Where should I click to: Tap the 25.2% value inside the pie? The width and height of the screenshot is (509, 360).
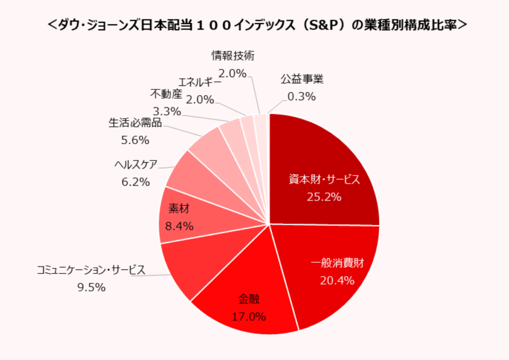click(324, 197)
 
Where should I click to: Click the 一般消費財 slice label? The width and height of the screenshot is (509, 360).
click(338, 264)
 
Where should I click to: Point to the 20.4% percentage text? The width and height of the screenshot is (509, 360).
click(338, 281)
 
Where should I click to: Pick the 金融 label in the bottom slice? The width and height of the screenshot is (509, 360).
click(249, 299)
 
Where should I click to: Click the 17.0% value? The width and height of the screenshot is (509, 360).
click(249, 316)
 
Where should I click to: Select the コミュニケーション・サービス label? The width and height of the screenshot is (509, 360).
click(91, 270)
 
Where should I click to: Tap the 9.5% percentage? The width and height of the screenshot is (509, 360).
click(91, 287)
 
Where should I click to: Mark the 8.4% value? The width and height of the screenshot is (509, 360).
click(178, 226)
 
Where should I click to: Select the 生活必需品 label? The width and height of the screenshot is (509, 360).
click(135, 123)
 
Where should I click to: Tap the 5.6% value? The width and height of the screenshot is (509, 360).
click(135, 140)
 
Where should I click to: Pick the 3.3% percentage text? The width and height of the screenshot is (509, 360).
click(167, 111)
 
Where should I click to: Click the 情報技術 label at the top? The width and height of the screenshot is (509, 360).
click(233, 55)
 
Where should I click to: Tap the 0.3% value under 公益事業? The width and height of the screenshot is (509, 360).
click(302, 97)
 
